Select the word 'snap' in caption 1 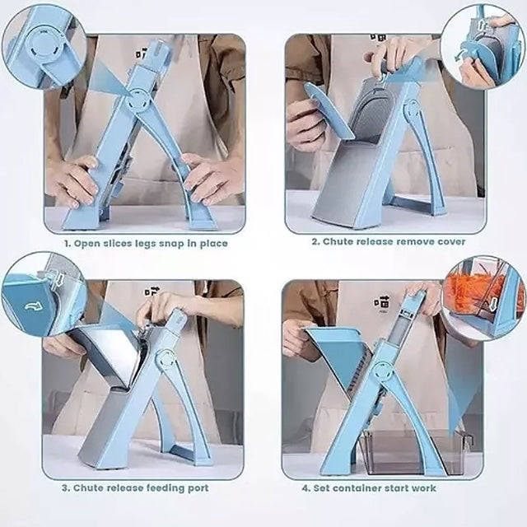pyautogui.click(x=173, y=245)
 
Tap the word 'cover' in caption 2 pyautogui.click(x=451, y=242)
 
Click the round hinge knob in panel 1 pyautogui.click(x=138, y=99)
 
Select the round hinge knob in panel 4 pyautogui.click(x=382, y=372)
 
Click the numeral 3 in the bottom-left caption pyautogui.click(x=65, y=488)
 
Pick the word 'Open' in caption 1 pyautogui.click(x=86, y=245)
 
